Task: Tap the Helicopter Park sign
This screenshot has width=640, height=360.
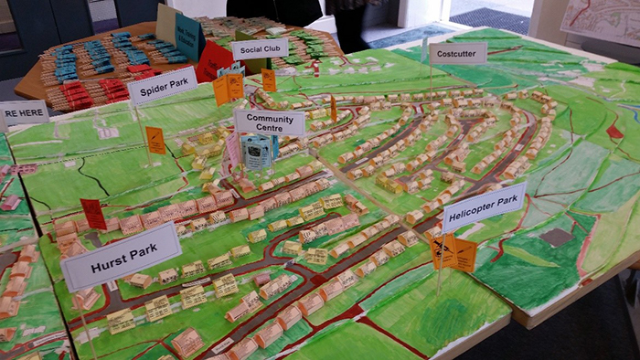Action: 484,207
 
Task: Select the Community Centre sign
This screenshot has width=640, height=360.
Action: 270,122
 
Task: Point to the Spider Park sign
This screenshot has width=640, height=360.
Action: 163,86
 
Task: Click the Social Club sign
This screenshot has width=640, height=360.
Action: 260,48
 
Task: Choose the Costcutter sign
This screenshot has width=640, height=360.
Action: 457,53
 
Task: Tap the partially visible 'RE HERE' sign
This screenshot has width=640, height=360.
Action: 24,113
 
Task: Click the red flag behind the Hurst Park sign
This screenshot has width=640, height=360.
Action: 93,214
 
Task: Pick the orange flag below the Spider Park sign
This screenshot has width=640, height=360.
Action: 156,140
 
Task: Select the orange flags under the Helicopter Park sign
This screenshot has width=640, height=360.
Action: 454,253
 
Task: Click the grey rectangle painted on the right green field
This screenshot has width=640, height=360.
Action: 555,238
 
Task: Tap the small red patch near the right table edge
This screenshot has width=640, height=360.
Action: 614,132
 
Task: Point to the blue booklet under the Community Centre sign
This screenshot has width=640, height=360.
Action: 257,152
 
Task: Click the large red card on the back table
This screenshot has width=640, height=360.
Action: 215,62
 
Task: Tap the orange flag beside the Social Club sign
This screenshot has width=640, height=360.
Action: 269,80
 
